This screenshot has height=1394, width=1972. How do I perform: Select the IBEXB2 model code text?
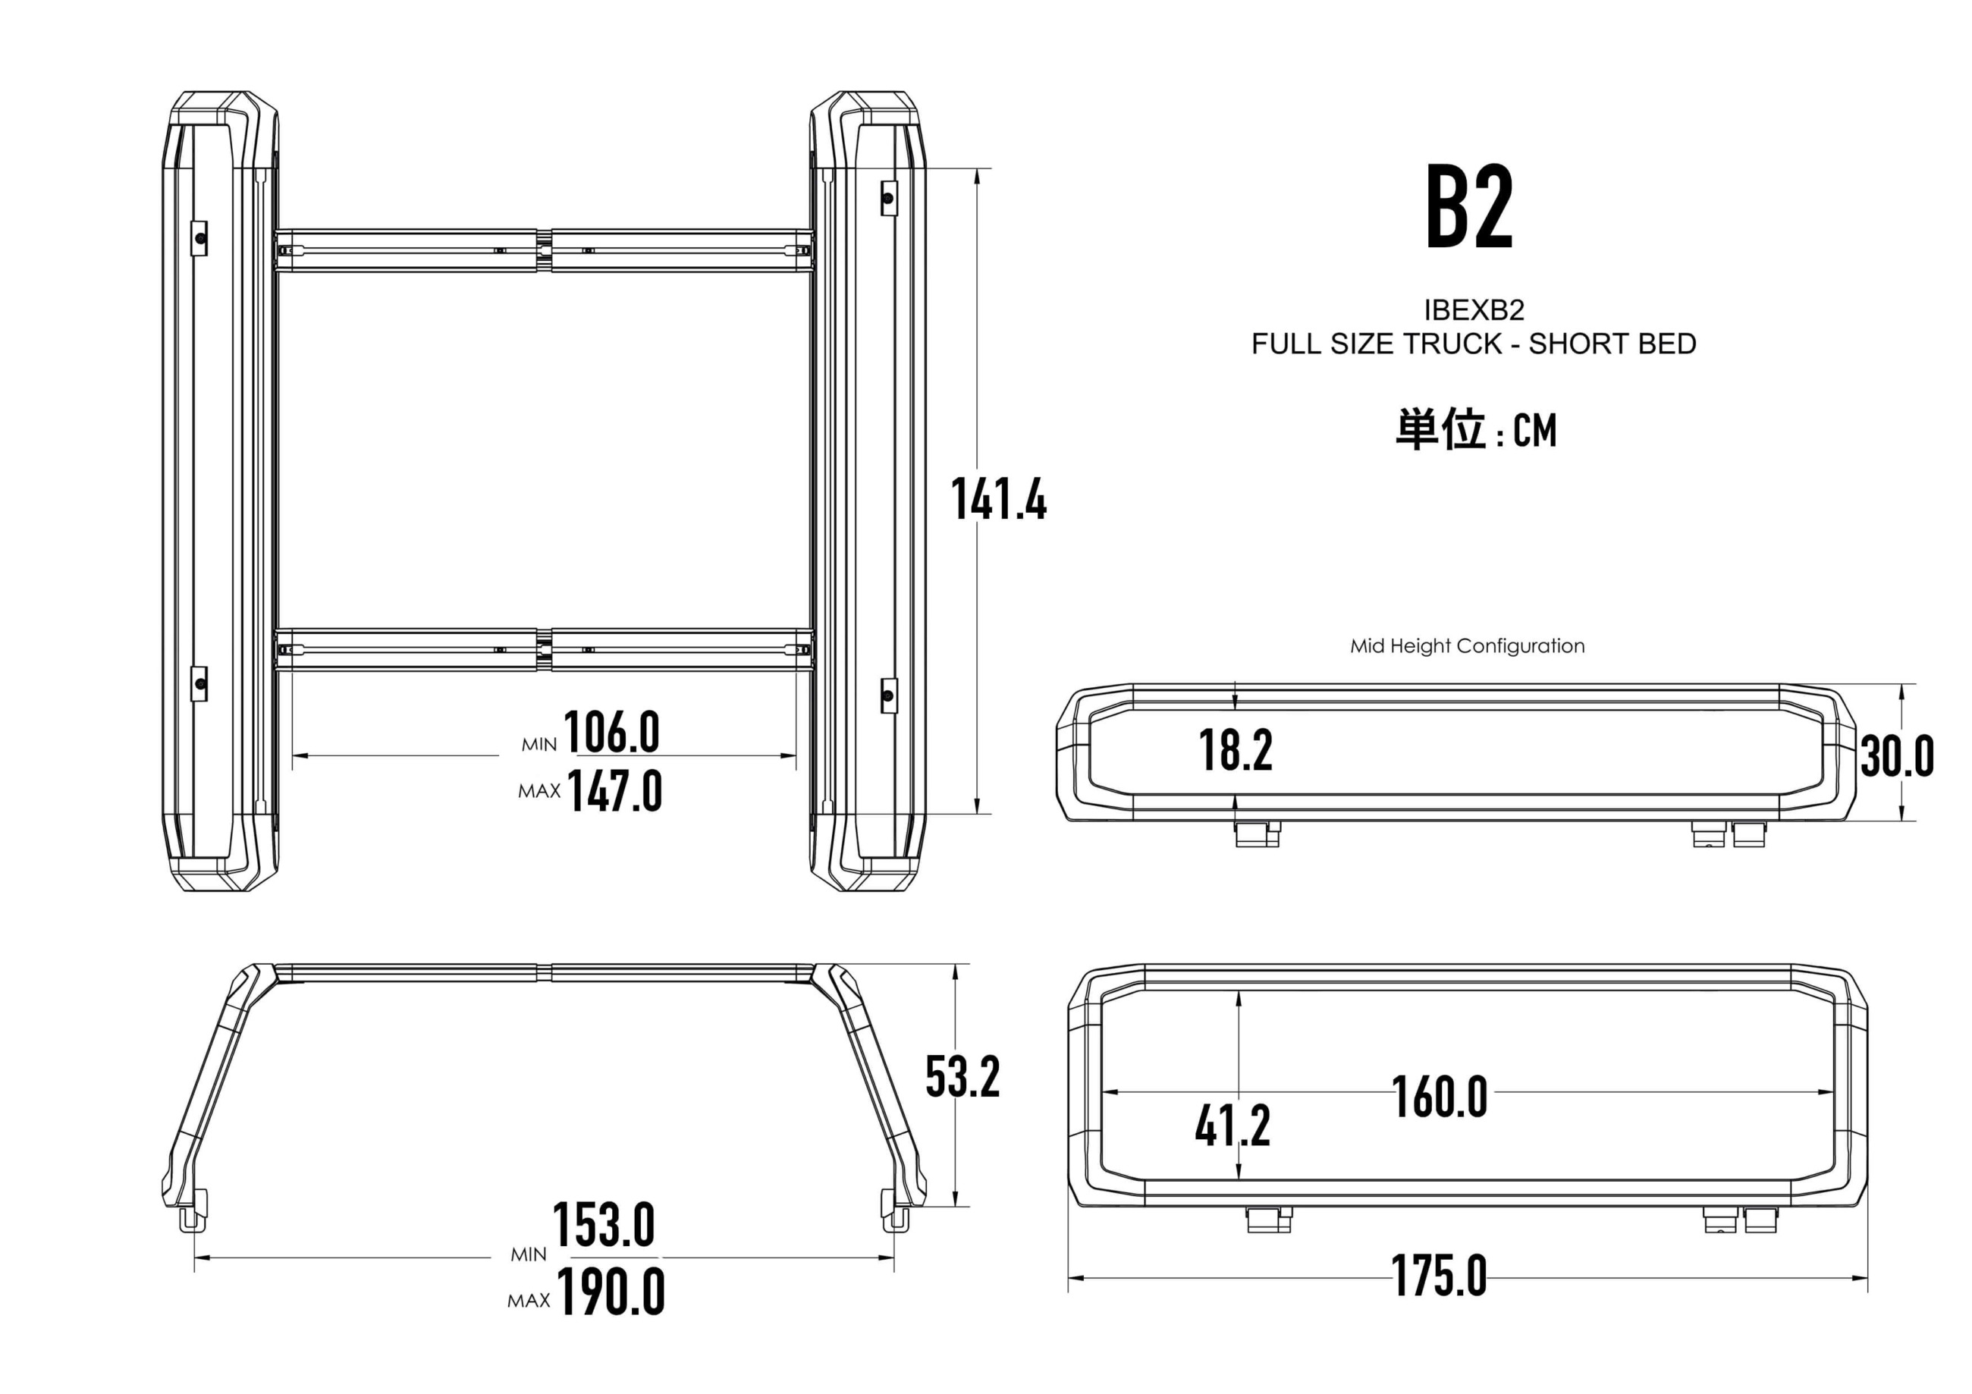pos(1474,309)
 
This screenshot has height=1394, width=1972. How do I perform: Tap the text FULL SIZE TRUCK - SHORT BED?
pos(1474,344)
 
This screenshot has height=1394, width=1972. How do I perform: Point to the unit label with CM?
pos(1475,429)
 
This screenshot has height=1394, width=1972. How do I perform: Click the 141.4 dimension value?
pos(999,499)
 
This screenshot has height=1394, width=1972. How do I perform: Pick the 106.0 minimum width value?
pos(611,733)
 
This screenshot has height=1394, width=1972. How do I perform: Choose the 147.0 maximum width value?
pos(615,791)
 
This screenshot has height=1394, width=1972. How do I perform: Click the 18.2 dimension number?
pos(1236,750)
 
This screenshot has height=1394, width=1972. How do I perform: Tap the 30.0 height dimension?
pos(1897,757)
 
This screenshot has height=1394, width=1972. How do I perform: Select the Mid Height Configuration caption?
pos(1468,646)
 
